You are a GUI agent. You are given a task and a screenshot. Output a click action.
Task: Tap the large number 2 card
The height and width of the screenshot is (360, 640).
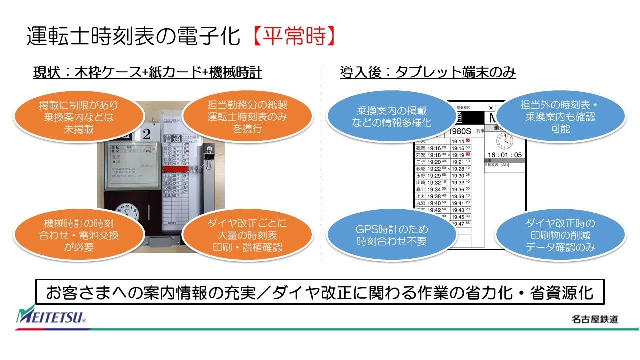pos(145,134)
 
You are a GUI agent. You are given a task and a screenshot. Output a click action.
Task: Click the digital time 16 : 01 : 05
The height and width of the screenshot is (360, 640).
pos(505,155)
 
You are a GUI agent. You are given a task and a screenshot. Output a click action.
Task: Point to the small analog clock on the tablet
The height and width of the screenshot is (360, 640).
pos(505,141)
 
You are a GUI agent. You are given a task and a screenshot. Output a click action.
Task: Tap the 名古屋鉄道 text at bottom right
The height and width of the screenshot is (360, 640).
pos(594,319)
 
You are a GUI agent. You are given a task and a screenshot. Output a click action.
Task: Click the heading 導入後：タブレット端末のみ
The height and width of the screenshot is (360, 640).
pos(427,73)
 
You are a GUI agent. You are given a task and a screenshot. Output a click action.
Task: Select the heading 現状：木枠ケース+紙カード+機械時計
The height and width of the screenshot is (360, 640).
pos(147,73)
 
